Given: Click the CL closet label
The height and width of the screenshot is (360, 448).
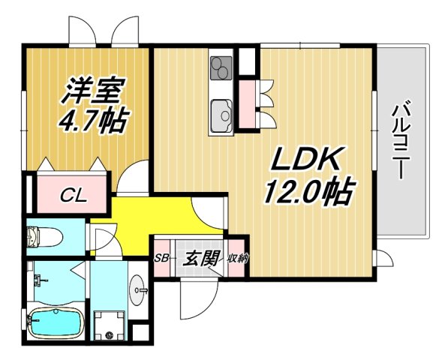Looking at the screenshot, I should (x=73, y=196).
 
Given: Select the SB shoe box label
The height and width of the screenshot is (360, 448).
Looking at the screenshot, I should (x=160, y=259).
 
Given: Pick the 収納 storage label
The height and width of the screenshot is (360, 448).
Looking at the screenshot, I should (x=238, y=259).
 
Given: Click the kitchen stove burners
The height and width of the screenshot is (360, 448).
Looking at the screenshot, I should (x=221, y=70).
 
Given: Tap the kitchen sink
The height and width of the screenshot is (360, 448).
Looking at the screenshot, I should (x=221, y=115).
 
